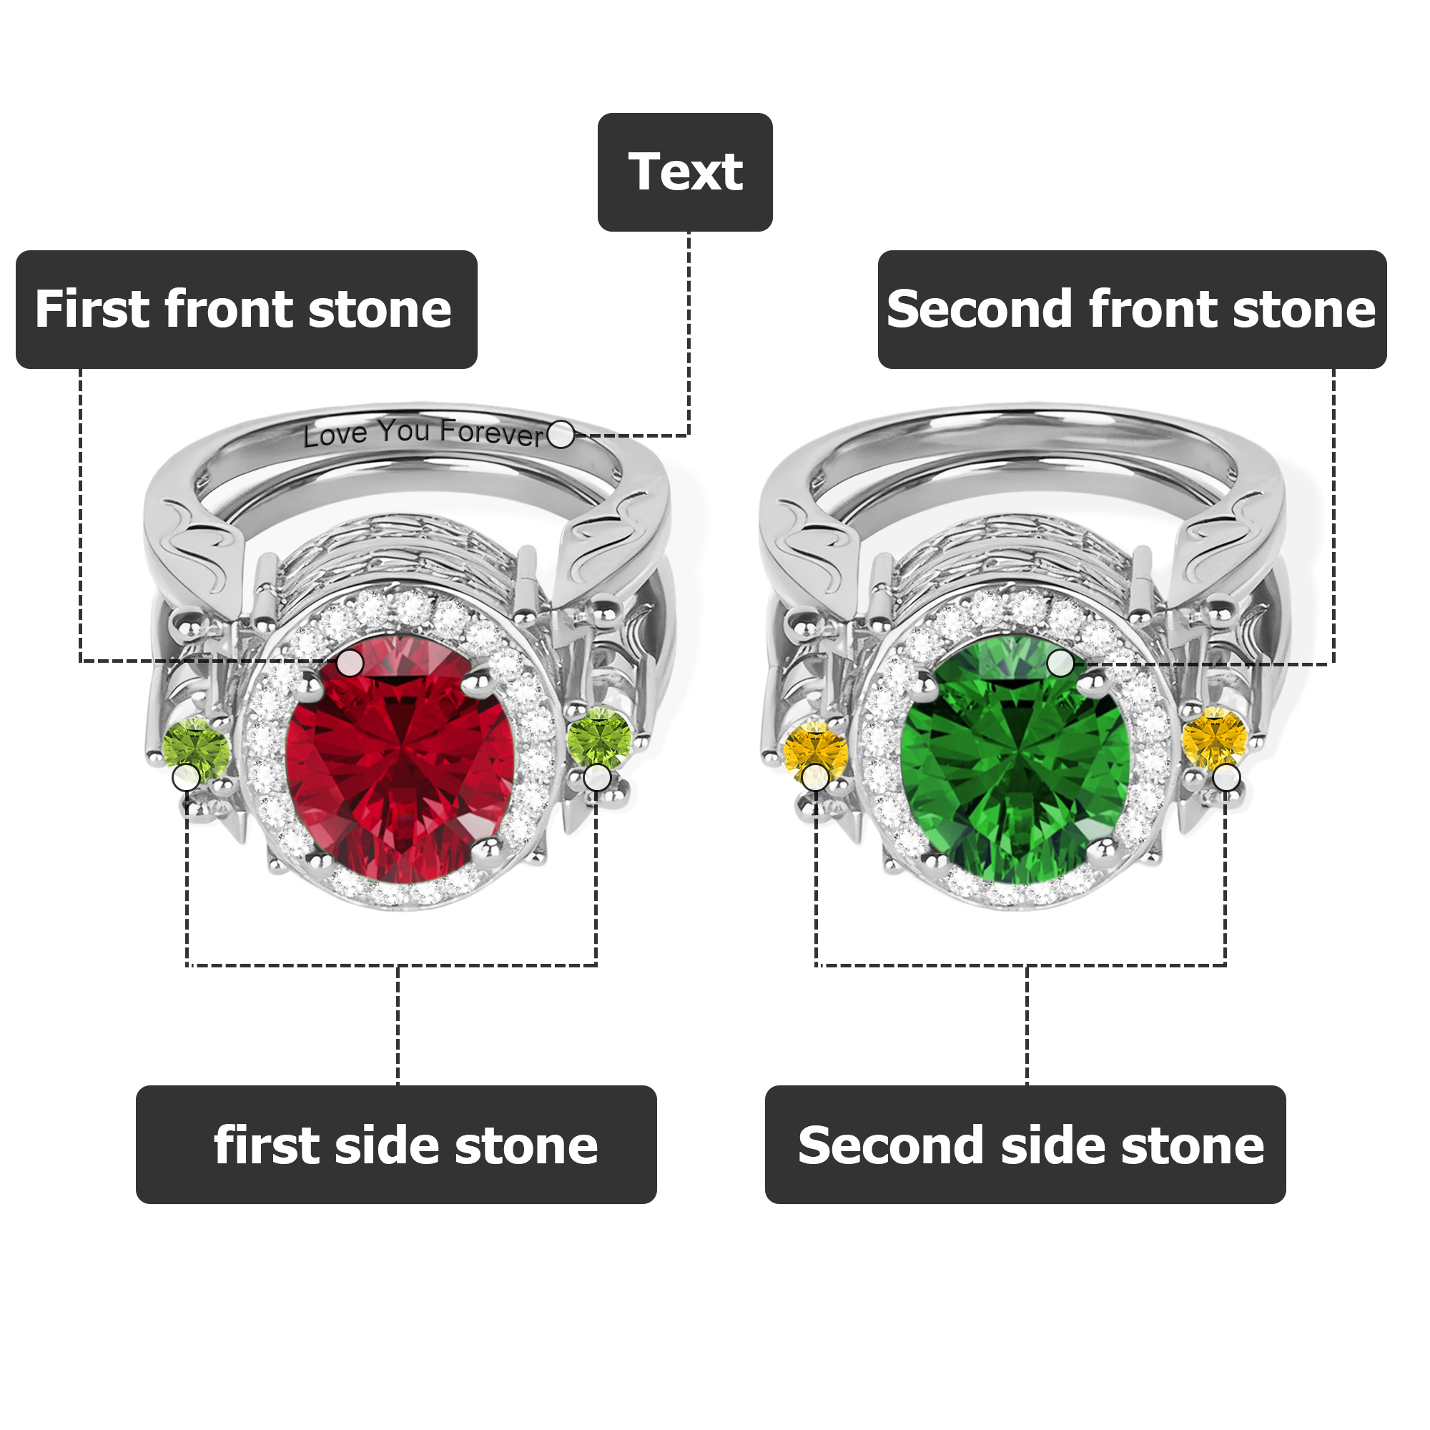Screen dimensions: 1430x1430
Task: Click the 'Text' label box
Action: tap(685, 172)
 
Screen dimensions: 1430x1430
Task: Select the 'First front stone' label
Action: tap(247, 310)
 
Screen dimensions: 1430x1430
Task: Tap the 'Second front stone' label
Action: tap(1132, 310)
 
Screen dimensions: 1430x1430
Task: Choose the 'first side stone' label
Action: tap(396, 1144)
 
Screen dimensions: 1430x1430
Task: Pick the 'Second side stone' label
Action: tap(1025, 1144)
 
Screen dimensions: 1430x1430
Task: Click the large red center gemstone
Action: tap(400, 759)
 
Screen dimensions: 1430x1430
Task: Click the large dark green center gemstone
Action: tap(1015, 759)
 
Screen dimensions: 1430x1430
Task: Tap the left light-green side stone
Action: tap(196, 749)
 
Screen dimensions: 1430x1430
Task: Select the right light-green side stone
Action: tap(600, 739)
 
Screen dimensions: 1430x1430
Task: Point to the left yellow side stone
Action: tap(816, 751)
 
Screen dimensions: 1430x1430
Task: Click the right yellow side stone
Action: tap(1215, 739)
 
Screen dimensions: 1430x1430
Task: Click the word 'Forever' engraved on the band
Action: tap(491, 433)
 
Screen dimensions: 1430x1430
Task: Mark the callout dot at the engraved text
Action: tap(561, 435)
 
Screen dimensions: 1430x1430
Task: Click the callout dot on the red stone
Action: tap(350, 663)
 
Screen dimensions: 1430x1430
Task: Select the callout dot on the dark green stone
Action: tap(1060, 663)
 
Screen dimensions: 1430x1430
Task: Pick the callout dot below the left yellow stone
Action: tap(815, 777)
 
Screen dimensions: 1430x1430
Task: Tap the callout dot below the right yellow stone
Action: tap(1226, 778)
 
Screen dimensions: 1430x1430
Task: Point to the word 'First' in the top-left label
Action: tap(92, 309)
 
